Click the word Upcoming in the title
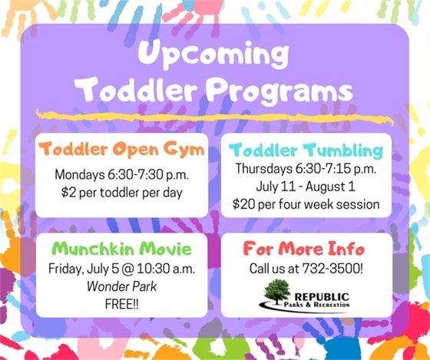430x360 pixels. [214, 56]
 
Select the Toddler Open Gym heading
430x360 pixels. [121, 150]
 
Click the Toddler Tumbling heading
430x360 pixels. [307, 150]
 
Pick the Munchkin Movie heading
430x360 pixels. [121, 249]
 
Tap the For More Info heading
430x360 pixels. [306, 249]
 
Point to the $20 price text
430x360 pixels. [245, 204]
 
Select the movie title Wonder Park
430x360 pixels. [121, 286]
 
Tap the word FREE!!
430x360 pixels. [121, 304]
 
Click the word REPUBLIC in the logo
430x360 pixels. [322, 294]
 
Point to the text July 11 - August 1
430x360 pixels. [306, 187]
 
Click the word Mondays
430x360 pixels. [78, 173]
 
